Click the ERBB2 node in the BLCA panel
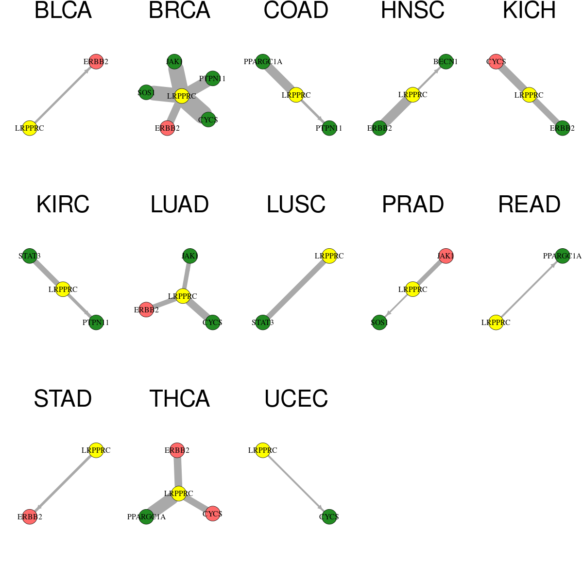click(x=96, y=61)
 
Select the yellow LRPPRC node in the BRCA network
click(x=182, y=96)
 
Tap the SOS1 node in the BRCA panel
click(x=146, y=92)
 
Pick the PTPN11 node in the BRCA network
click(x=213, y=78)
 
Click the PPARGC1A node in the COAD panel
click(x=263, y=61)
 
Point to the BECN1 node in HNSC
click(x=446, y=61)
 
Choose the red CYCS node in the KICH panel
click(x=496, y=61)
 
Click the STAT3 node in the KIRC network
click(x=30, y=256)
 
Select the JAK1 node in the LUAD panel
click(x=189, y=256)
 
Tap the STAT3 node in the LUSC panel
click(x=263, y=322)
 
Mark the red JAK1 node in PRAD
click(x=446, y=256)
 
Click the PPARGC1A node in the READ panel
click(x=562, y=256)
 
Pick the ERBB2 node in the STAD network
click(x=30, y=516)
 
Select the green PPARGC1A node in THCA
click(x=146, y=516)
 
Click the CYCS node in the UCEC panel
click(x=329, y=516)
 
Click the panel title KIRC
click(x=63, y=204)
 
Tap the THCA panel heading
click(x=179, y=398)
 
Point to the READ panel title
click(x=529, y=204)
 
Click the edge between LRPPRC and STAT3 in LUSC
click(x=296, y=289)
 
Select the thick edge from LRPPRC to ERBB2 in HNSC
click(x=396, y=111)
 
